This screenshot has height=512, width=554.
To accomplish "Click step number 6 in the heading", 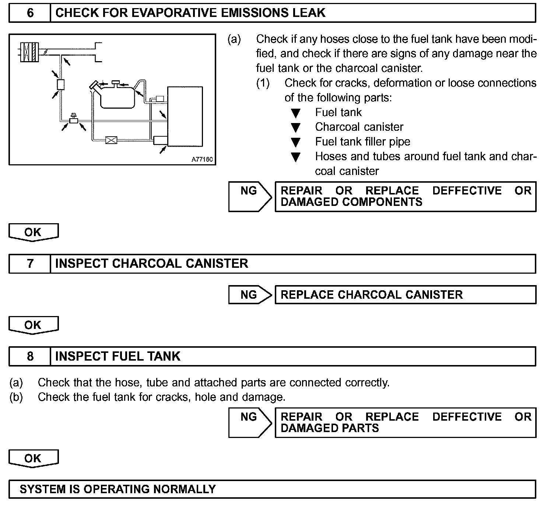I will click(30, 13).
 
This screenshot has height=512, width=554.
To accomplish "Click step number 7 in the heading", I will click(30, 264).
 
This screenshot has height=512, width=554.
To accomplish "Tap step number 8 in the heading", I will click(30, 356).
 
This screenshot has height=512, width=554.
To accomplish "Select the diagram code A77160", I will click(202, 160).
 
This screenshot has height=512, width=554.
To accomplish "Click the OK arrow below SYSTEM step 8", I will click(33, 459).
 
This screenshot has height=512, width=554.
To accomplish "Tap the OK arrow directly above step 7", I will click(33, 232).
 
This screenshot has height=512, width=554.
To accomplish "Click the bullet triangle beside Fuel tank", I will click(295, 113).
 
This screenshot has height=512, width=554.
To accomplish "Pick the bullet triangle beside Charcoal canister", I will click(295, 128).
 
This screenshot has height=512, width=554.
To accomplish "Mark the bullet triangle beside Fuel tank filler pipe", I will click(295, 143).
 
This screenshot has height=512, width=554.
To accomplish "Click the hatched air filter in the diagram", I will click(29, 52).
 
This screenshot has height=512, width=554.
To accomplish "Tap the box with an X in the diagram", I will click(111, 140).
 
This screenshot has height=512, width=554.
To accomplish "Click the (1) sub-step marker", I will click(263, 83).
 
